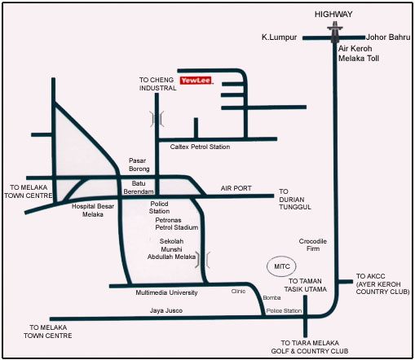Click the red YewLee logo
point(196,81)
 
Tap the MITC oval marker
point(281,266)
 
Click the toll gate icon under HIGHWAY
point(335,33)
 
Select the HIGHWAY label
point(333,14)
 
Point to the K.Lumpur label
point(279,37)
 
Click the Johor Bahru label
point(388,37)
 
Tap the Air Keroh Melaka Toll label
point(359,54)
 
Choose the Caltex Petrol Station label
point(200,147)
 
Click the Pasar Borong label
point(139,165)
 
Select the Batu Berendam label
point(139,187)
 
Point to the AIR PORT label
point(236,188)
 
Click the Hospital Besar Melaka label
point(93,210)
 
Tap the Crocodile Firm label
point(313,245)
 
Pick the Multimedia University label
point(166,292)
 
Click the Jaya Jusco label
point(166,310)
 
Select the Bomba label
point(272,298)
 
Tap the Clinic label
point(238,291)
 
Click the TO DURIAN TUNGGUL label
point(295,200)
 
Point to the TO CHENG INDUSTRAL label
point(157,84)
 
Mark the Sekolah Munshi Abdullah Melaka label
point(171,249)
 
